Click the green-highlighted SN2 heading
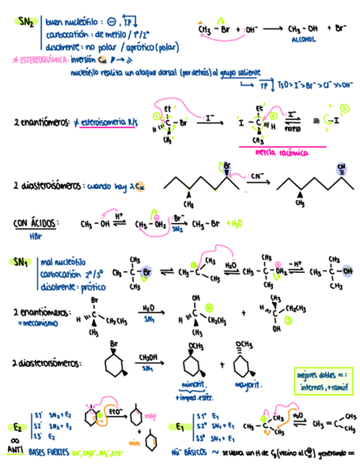[25, 22]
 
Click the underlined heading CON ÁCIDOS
[36, 224]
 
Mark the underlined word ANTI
[15, 450]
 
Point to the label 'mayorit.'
[245, 385]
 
